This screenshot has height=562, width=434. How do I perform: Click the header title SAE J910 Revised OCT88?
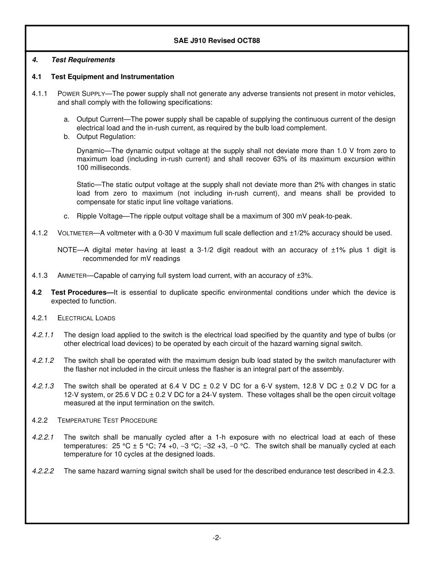tap(217, 41)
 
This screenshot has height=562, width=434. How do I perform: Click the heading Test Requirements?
tap(83, 60)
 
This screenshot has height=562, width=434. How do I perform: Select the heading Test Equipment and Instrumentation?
tap(112, 77)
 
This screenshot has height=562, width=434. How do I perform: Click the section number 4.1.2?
tap(40, 233)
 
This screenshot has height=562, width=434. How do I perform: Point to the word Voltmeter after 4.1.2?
tap(75, 233)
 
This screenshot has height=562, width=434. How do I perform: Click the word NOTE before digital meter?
tap(67, 250)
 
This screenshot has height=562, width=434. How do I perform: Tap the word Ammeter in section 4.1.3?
tap(72, 276)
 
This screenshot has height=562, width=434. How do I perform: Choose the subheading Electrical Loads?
tap(86, 318)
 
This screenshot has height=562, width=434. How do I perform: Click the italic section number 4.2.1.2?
tap(43, 361)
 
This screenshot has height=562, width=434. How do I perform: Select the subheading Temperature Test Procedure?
tap(107, 420)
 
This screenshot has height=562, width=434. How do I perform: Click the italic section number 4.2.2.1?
tap(43, 437)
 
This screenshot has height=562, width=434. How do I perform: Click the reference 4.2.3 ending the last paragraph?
tap(386, 472)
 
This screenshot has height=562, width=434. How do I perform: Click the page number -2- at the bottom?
tap(217, 538)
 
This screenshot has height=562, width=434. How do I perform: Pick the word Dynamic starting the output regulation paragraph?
tap(90, 151)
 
